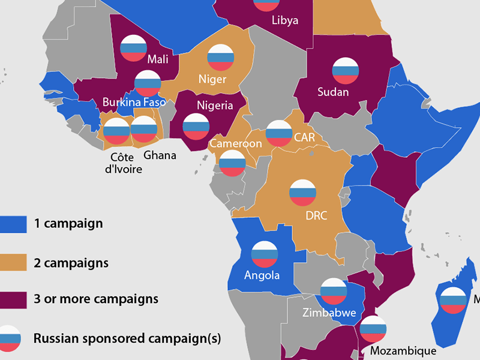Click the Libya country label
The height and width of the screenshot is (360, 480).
pyautogui.click(x=284, y=20)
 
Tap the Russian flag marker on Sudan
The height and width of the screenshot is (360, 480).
pyautogui.click(x=346, y=70)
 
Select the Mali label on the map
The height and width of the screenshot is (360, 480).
pyautogui.click(x=158, y=59)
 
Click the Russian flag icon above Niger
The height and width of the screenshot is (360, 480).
pyautogui.click(x=220, y=57)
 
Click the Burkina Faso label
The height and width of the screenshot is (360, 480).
pyautogui.click(x=134, y=103)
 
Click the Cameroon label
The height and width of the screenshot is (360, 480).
pyautogui.click(x=235, y=144)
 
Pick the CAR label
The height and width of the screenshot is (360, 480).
pyautogui.click(x=304, y=137)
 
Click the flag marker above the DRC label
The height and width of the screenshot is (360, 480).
pyautogui.click(x=302, y=193)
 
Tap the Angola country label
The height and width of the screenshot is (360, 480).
pyautogui.click(x=262, y=276)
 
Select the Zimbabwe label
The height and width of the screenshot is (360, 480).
pyautogui.click(x=329, y=313)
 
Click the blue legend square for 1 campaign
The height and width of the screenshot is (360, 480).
pyautogui.click(x=13, y=224)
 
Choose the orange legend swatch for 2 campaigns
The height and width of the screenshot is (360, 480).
pyautogui.click(x=13, y=263)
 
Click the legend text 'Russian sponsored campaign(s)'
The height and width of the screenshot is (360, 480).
pyautogui.click(x=127, y=338)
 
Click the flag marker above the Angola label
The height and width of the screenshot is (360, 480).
pyautogui.click(x=265, y=254)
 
